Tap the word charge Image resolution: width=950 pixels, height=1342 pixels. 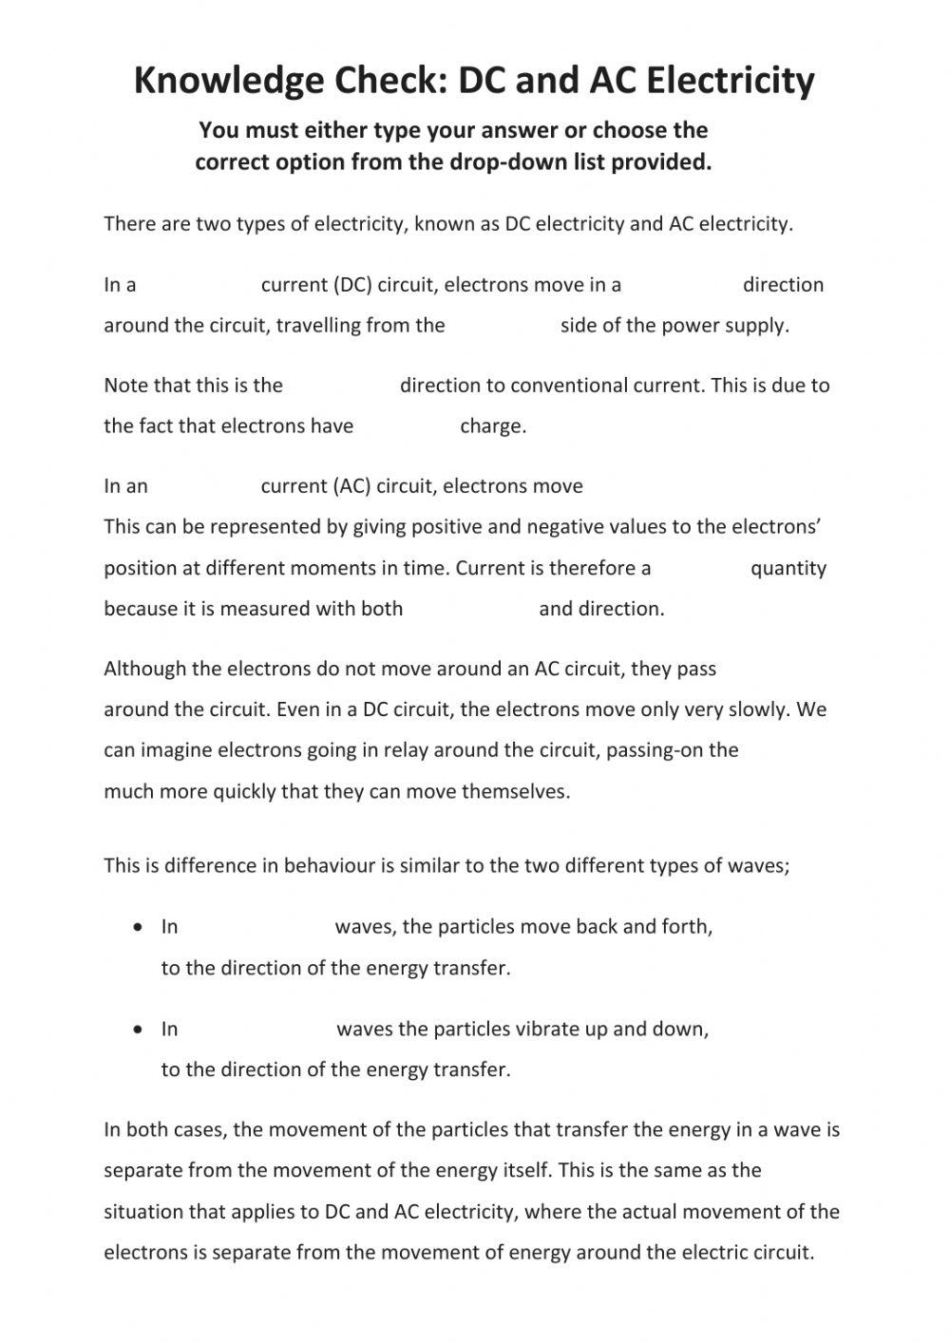pyautogui.click(x=493, y=426)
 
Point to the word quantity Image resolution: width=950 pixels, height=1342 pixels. pyautogui.click(x=788, y=568)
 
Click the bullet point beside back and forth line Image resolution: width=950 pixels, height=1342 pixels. pyautogui.click(x=140, y=926)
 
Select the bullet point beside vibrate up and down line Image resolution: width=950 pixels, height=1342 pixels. pyautogui.click(x=140, y=1029)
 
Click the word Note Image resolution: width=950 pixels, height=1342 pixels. pyautogui.click(x=125, y=386)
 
